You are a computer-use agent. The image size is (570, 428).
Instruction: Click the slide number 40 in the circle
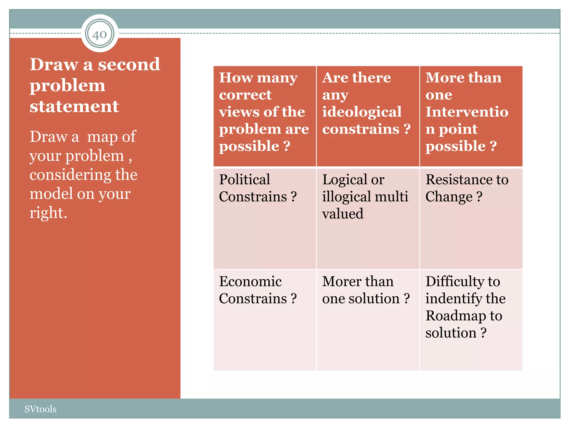tap(100, 34)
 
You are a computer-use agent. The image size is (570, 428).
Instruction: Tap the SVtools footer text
tap(40, 409)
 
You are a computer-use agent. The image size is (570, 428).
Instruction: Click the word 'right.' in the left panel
tap(48, 213)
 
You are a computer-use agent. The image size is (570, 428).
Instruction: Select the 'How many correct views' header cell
tap(264, 116)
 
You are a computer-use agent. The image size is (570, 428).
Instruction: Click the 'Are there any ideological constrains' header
tap(367, 116)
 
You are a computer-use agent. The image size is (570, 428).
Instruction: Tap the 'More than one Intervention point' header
tap(471, 116)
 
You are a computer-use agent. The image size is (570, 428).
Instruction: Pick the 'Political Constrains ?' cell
tap(264, 218)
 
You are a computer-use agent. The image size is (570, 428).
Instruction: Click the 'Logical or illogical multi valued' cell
tap(367, 218)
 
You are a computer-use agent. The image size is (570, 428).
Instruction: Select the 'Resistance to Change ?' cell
tap(471, 218)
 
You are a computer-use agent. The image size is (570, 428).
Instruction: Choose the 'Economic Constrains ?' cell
tap(264, 320)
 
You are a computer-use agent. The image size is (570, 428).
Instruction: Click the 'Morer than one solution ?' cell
tap(367, 320)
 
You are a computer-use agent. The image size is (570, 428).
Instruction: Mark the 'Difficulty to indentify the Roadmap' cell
tap(471, 320)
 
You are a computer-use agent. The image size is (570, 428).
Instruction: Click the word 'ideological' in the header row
tap(362, 112)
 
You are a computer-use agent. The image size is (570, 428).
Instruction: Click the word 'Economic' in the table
tap(250, 281)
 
